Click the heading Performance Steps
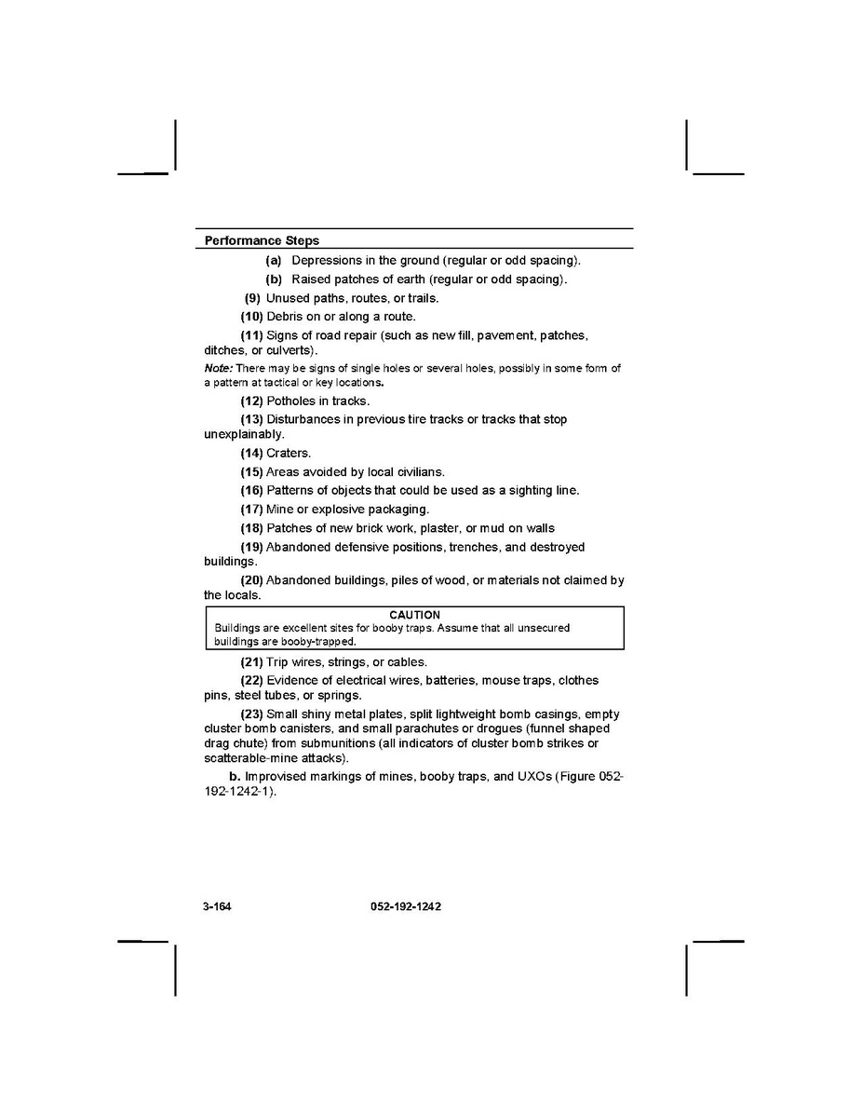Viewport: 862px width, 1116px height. pos(262,240)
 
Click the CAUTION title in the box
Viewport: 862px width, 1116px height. pos(414,615)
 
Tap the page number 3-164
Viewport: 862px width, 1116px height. pos(217,906)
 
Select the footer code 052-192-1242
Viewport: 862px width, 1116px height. pos(399,906)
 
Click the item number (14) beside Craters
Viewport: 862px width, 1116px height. pos(251,454)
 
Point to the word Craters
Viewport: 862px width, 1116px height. pos(289,454)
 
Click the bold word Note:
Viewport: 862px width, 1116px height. pos(218,369)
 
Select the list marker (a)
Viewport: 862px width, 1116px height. pos(274,261)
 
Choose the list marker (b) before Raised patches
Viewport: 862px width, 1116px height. pos(274,279)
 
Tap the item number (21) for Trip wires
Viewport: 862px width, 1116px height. pos(251,662)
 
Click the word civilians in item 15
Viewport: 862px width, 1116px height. pos(416,472)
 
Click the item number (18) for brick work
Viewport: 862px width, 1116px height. pos(251,528)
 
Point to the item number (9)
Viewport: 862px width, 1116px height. pos(253,298)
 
